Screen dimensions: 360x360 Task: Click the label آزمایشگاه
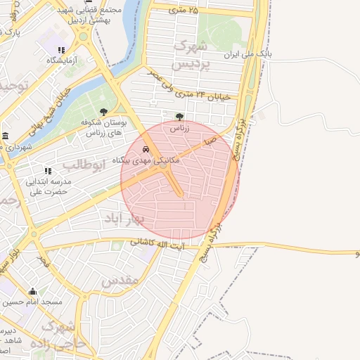tap(61, 61)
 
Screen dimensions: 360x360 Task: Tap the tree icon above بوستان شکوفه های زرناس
tap(104, 112)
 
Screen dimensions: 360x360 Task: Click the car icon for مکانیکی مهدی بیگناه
tap(146, 149)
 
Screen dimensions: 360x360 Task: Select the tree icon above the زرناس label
tap(179, 117)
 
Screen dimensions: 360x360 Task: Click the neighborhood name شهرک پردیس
tap(191, 55)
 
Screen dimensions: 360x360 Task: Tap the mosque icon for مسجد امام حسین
tap(32, 291)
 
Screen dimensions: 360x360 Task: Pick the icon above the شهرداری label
tap(6, 136)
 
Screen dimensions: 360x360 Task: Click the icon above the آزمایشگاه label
tap(61, 50)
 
